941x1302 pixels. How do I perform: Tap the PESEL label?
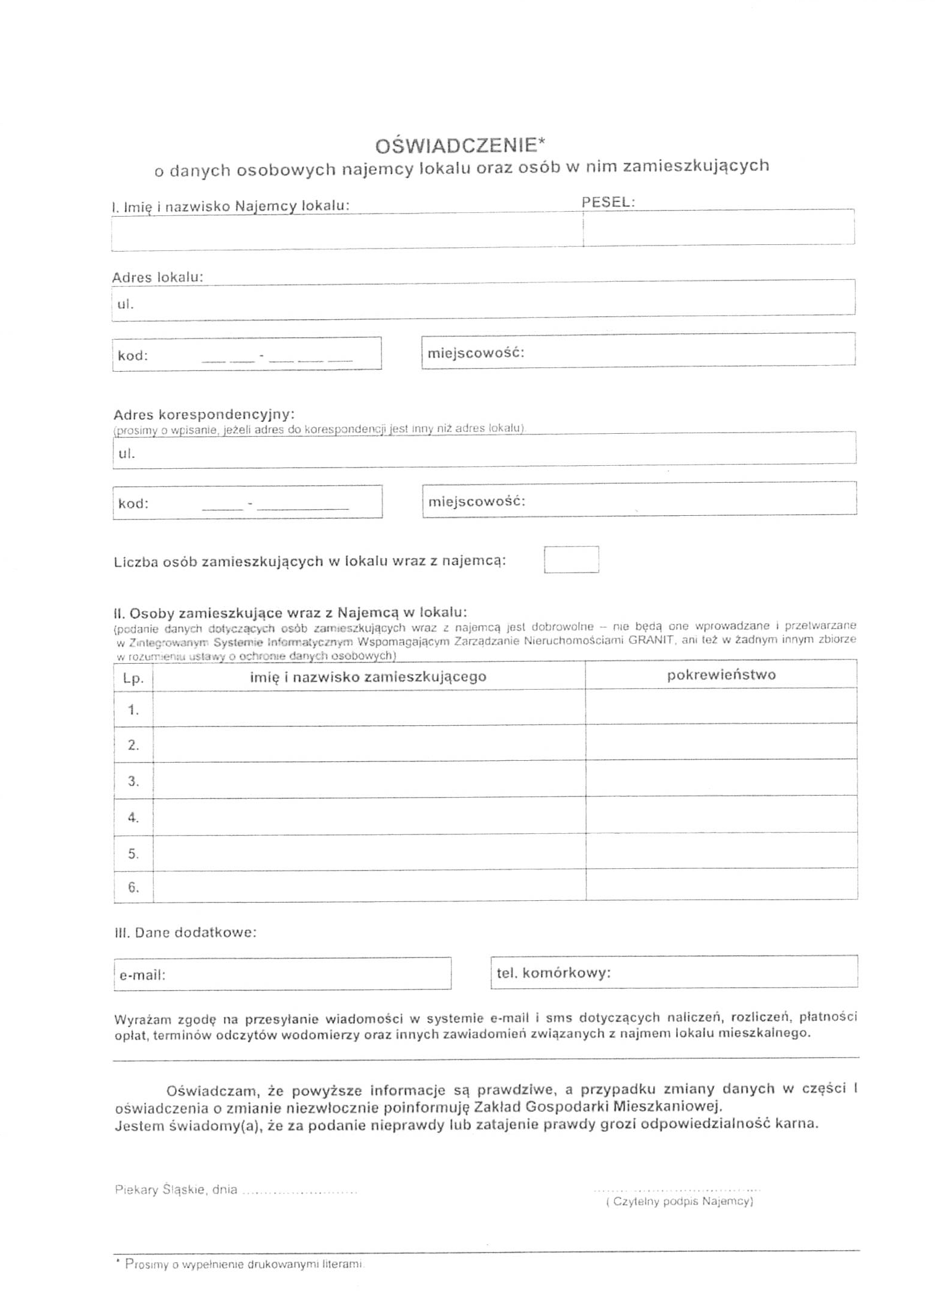point(607,203)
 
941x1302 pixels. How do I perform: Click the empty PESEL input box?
point(718,229)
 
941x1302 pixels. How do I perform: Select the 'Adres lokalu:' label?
point(157,278)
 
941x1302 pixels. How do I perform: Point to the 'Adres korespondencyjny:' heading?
point(203,414)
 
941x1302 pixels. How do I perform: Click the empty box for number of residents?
point(570,559)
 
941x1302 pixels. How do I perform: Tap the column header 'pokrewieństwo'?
point(721,675)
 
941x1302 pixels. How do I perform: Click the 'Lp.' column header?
point(133,678)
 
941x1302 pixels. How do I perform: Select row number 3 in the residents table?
point(133,781)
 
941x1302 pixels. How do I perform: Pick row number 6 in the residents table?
point(133,887)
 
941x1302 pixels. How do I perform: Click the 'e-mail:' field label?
point(142,975)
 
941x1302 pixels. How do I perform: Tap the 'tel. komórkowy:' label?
point(553,973)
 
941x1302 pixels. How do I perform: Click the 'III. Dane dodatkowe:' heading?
point(185,933)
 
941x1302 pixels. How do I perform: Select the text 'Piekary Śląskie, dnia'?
point(176,1190)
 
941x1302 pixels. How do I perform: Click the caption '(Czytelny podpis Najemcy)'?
point(679,1201)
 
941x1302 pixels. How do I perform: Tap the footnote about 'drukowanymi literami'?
point(244,1264)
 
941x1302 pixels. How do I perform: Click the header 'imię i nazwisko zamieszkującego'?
point(368,677)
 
